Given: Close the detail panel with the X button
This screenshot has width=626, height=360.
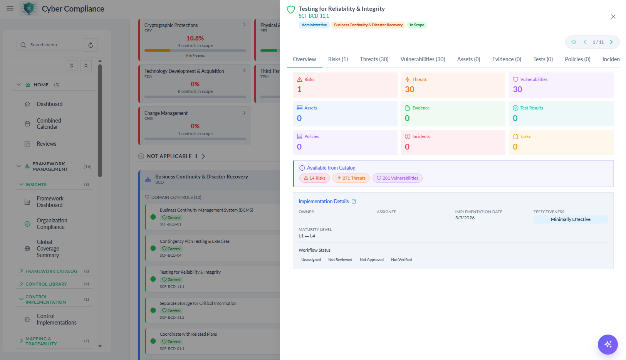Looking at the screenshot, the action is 613,17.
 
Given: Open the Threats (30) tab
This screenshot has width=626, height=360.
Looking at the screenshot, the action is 374,59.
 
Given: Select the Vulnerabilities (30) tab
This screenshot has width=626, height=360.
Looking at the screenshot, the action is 423,59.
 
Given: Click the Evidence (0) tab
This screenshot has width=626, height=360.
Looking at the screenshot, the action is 507,59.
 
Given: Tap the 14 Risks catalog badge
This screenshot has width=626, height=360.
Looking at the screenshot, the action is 314,178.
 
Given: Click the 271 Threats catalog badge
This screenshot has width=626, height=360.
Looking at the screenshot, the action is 351,178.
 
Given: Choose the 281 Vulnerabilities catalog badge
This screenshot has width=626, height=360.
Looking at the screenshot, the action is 398,178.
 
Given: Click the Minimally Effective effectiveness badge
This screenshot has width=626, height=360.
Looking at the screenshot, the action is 571,219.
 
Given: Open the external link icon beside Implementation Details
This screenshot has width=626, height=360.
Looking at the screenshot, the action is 354,202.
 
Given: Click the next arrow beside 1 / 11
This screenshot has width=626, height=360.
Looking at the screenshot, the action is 611,42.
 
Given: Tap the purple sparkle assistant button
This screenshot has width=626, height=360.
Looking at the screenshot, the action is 608,344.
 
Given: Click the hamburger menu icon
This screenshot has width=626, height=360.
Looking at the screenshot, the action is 10,8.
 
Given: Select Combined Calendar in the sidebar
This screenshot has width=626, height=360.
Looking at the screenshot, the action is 49,124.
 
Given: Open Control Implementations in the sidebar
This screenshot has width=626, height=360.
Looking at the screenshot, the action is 57,319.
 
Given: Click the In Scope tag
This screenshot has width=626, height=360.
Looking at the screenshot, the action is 417,25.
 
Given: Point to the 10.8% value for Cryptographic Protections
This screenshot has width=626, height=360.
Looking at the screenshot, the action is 195,38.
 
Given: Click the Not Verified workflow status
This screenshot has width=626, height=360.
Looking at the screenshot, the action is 401,259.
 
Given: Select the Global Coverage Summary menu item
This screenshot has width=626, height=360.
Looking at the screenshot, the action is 48,248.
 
